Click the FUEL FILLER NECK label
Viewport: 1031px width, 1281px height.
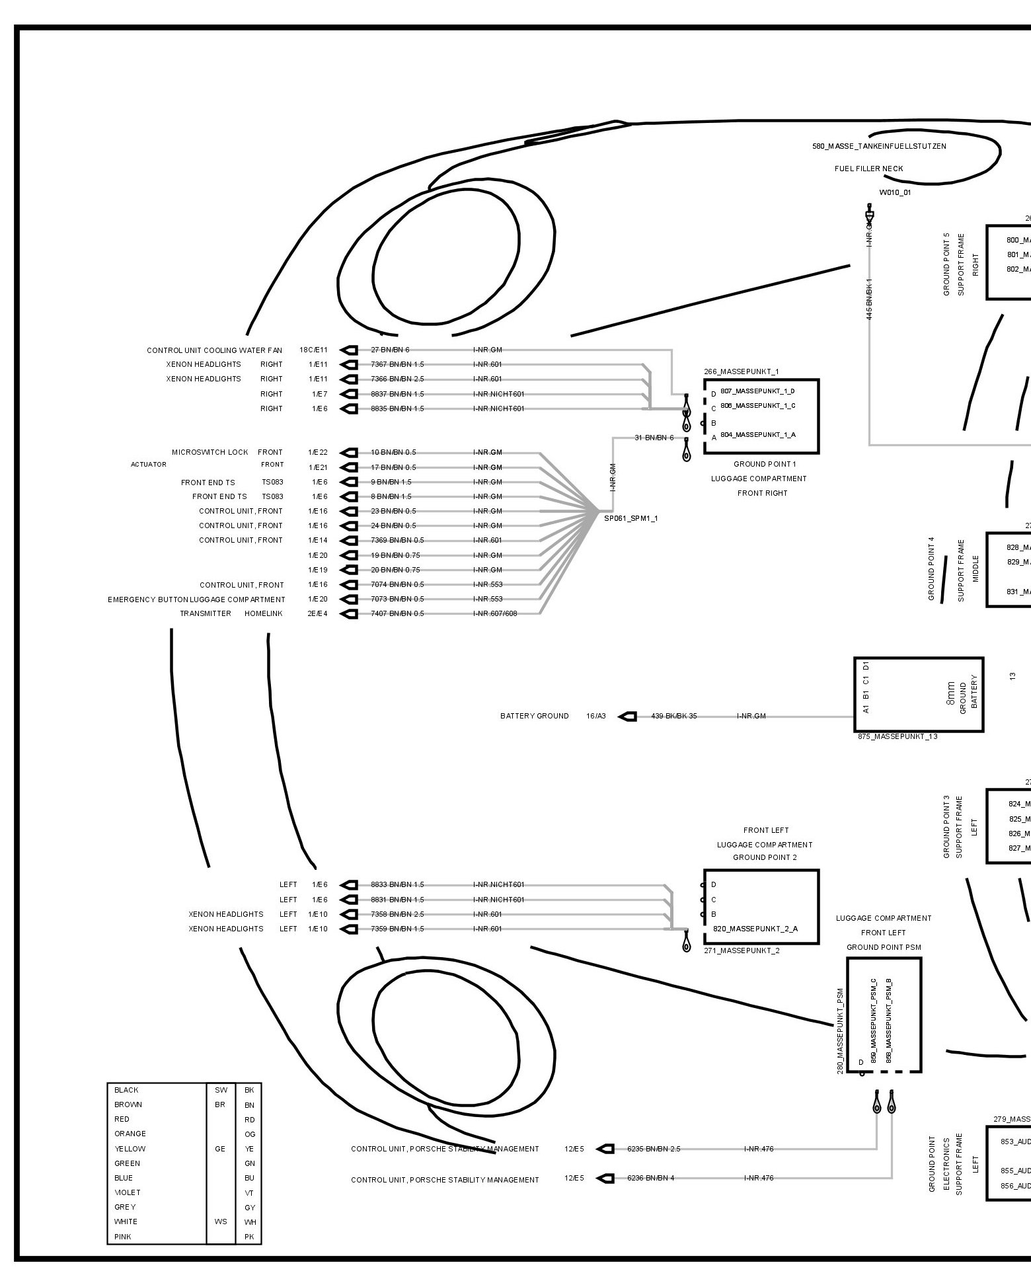tap(868, 169)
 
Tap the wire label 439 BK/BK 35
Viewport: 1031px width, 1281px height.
tap(673, 716)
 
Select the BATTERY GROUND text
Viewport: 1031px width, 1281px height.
tap(534, 716)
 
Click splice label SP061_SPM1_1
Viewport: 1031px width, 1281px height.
tap(630, 518)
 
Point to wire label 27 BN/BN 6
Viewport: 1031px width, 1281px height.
tap(390, 350)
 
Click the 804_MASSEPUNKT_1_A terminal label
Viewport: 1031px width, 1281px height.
tap(757, 435)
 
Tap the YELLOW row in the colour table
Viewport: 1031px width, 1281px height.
tap(130, 1149)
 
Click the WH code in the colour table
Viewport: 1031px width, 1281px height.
tap(250, 1222)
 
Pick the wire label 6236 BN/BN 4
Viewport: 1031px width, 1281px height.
tap(650, 1178)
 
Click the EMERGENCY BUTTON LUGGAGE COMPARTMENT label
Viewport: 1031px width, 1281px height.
tap(196, 600)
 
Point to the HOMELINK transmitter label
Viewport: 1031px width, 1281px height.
tap(263, 613)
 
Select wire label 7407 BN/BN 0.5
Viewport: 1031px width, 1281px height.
tap(397, 613)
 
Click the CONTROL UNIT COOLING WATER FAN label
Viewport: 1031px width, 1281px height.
tap(214, 350)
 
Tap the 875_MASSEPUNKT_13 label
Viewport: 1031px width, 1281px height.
tap(897, 736)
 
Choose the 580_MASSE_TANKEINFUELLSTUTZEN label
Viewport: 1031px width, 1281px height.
tap(879, 146)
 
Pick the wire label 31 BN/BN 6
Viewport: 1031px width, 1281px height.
tap(654, 438)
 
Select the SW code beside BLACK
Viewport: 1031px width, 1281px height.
tap(220, 1090)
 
